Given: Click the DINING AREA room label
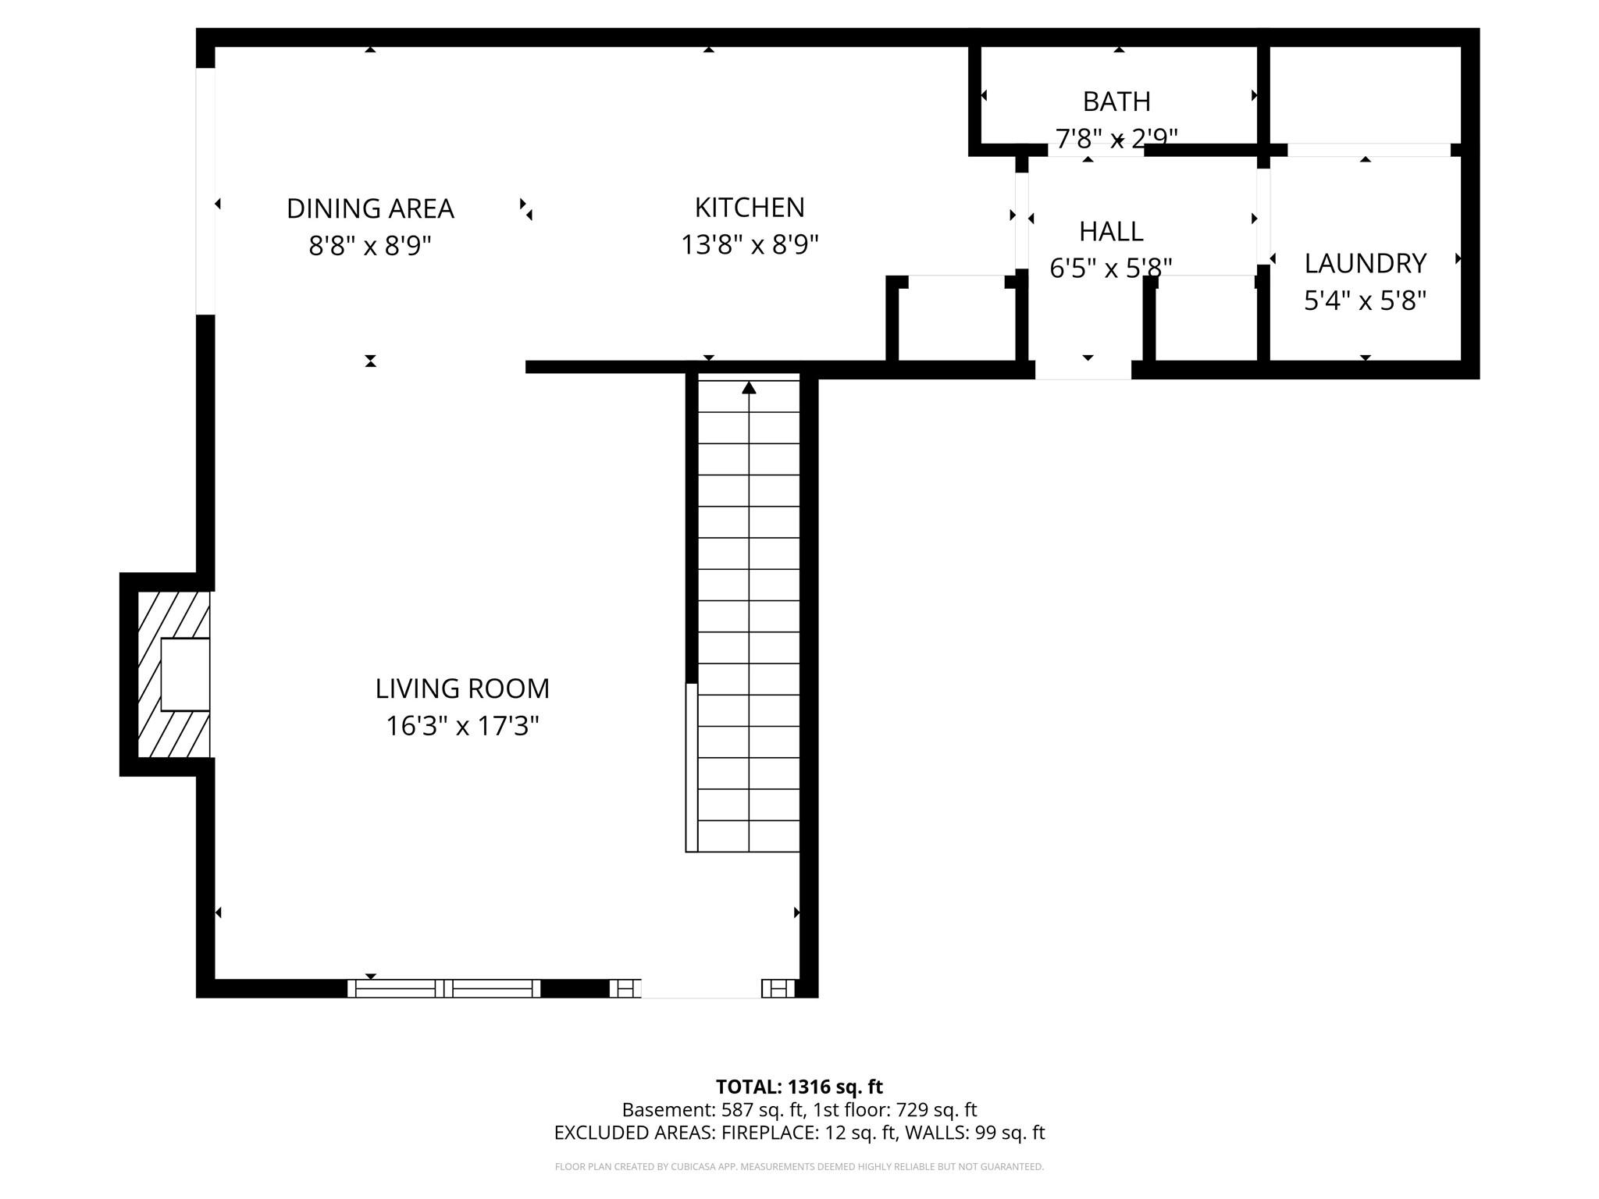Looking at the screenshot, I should [370, 208].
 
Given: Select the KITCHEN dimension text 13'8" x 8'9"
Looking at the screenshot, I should [750, 245].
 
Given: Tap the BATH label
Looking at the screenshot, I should [1116, 101].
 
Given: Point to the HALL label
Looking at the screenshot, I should [1111, 231].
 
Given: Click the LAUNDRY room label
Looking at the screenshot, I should [1365, 263].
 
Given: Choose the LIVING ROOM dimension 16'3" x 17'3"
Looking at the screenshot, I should [462, 726].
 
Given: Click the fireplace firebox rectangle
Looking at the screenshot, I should [185, 674].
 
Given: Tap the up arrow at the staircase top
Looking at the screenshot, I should [749, 387].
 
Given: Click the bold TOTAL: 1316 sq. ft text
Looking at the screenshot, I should [799, 1087].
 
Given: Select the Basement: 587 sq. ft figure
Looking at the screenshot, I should [712, 1109].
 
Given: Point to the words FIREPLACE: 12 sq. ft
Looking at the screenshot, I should [809, 1133].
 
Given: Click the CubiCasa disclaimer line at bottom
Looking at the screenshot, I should [799, 1167].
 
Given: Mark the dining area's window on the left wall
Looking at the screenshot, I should [205, 191].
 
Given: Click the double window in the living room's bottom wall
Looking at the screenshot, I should [443, 988].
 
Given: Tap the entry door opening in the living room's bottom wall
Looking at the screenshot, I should [701, 988].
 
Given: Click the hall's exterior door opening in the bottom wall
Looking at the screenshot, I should [1083, 370].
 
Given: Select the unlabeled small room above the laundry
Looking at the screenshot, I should [1365, 94].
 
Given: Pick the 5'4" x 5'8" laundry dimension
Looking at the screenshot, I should [1365, 301].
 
